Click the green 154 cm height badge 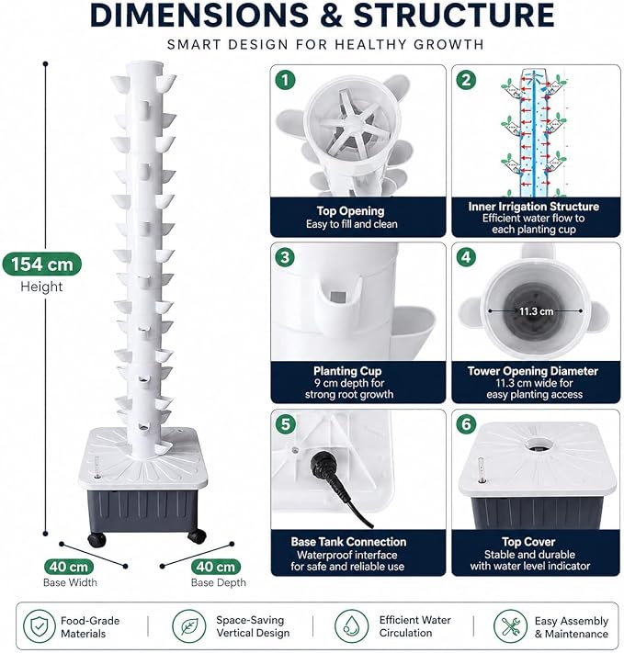tap(41, 264)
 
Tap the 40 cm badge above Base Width tap(69, 567)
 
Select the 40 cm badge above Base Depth tap(215, 567)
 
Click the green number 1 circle tap(285, 80)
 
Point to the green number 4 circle tap(466, 257)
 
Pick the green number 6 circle tap(466, 424)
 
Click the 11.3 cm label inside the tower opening tap(536, 311)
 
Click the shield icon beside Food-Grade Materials tap(40, 626)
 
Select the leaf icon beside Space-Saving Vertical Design tap(188, 626)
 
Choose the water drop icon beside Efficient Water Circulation tap(351, 626)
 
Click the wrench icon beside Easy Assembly tap(510, 626)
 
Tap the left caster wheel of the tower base tap(97, 540)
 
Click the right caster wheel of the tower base tap(197, 536)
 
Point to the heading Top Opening tap(350, 211)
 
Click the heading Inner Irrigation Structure tap(534, 207)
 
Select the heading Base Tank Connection tap(348, 542)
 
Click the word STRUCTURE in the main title tap(453, 15)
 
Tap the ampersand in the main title tap(331, 15)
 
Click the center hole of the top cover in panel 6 tap(538, 445)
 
